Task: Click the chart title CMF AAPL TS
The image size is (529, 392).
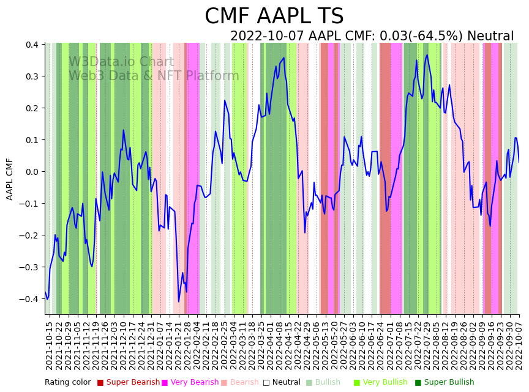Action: (x=274, y=17)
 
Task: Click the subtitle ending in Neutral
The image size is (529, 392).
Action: (x=372, y=36)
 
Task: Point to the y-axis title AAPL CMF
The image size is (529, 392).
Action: (x=10, y=179)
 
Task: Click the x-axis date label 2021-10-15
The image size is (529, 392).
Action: (x=50, y=346)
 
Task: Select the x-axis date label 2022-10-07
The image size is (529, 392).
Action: (x=519, y=346)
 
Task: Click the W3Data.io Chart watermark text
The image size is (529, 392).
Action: (x=121, y=62)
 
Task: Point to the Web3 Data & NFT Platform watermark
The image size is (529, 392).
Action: (x=154, y=76)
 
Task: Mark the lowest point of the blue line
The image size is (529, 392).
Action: (x=179, y=301)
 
